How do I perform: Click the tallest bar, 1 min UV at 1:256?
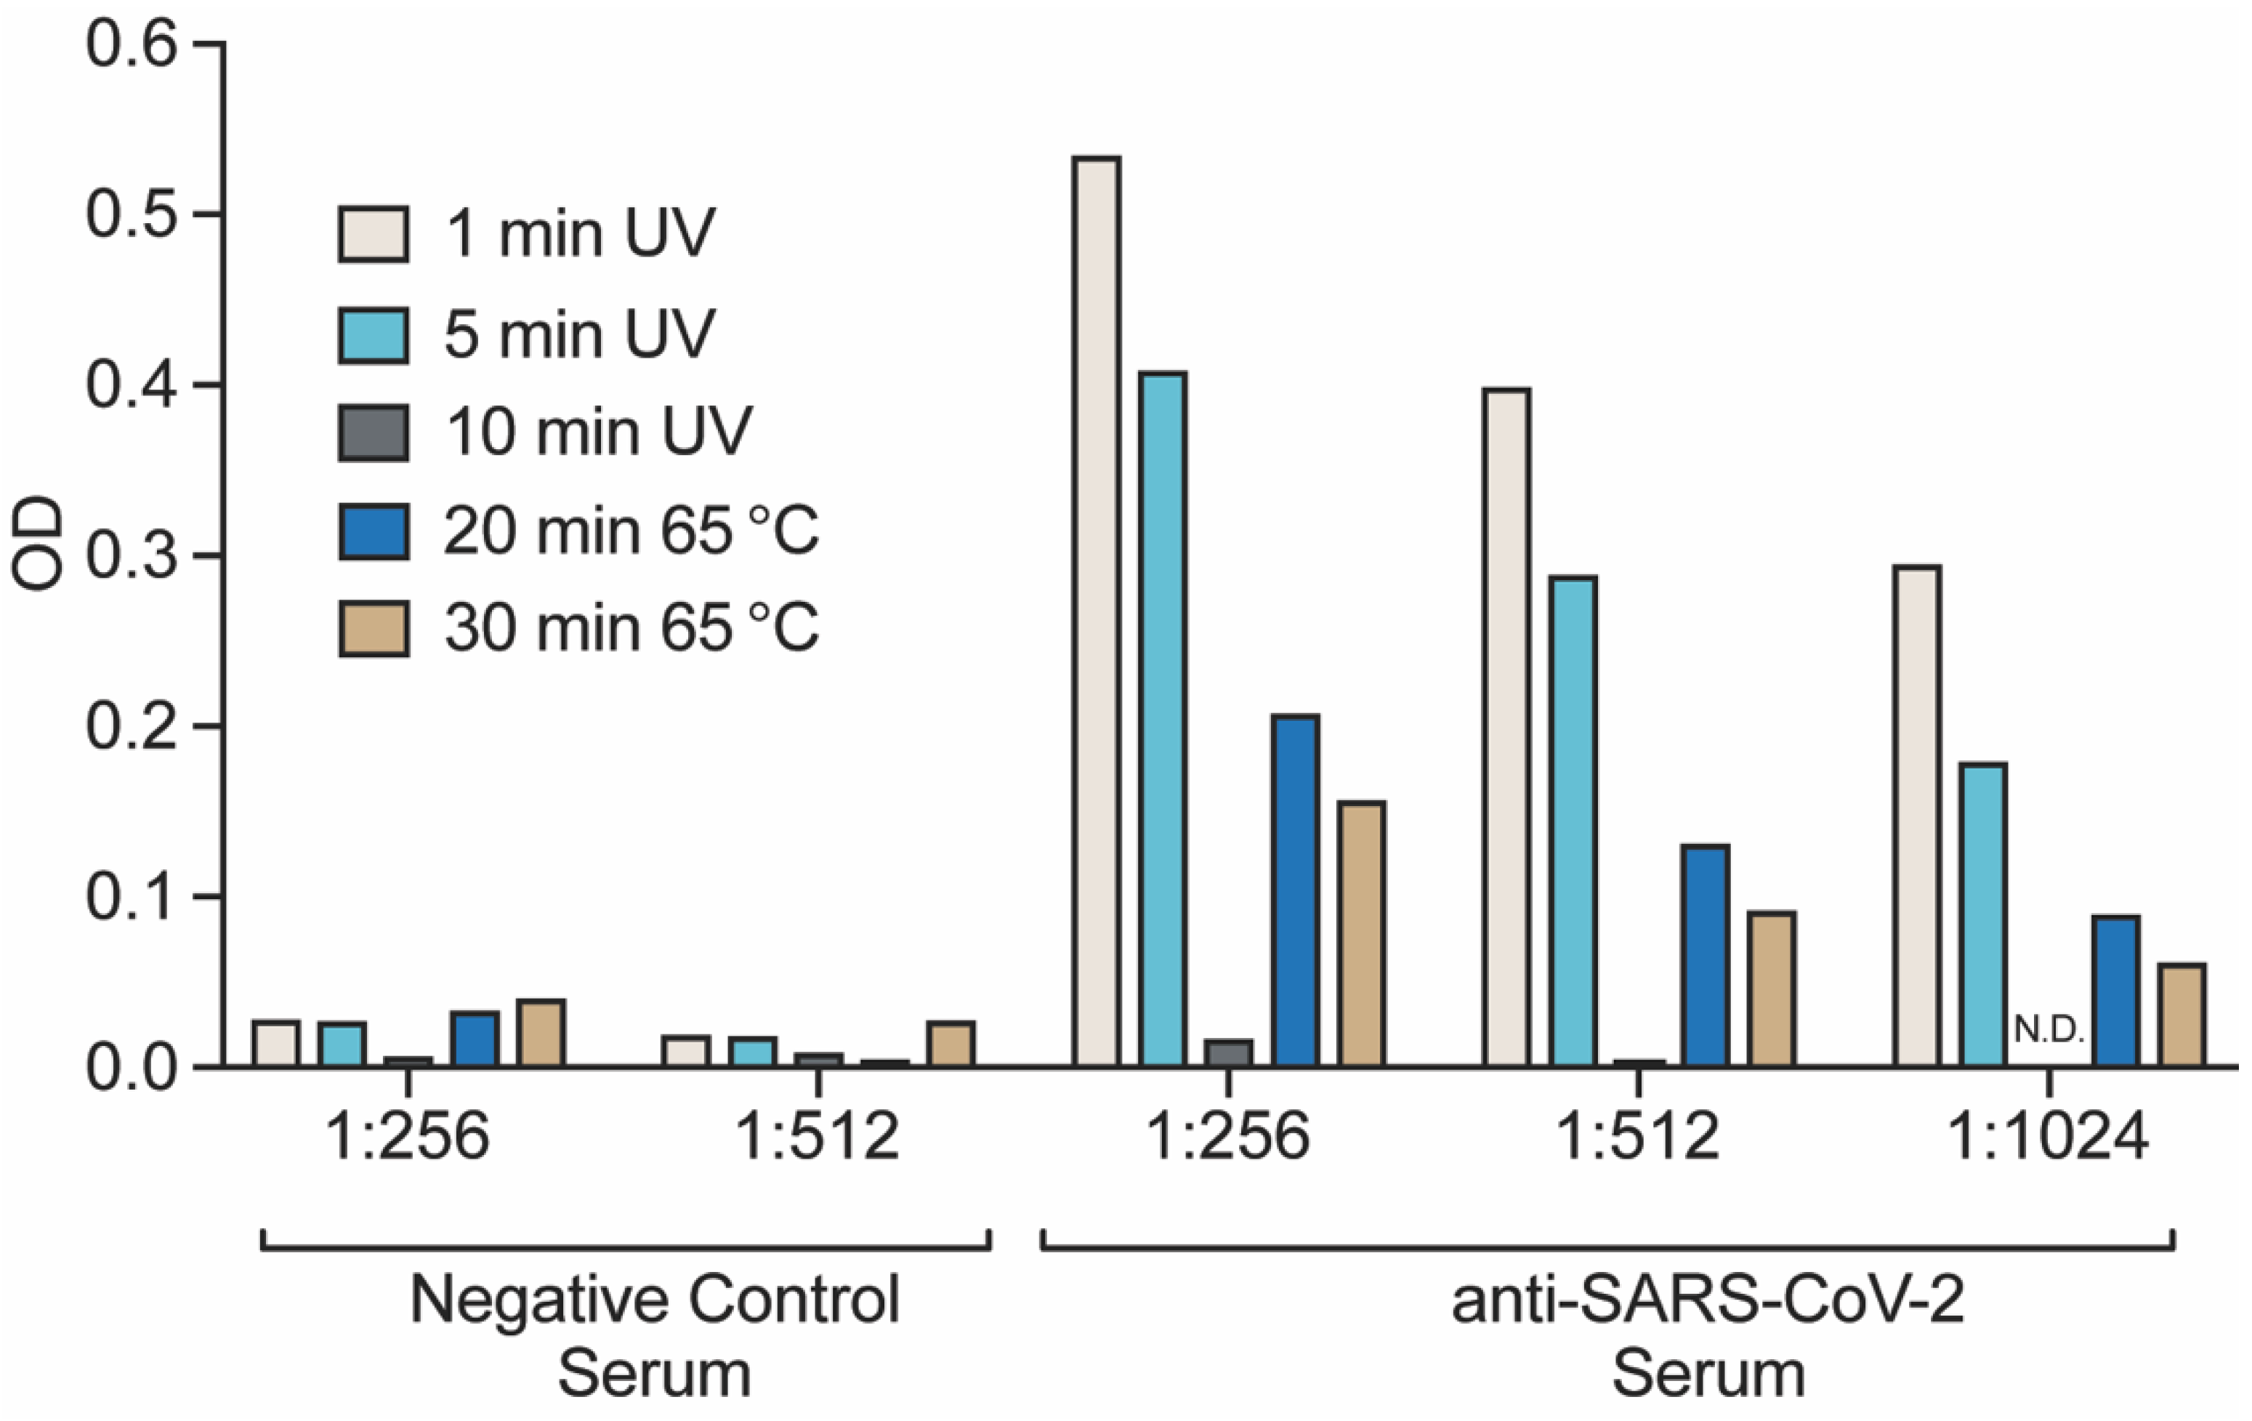coord(1097,612)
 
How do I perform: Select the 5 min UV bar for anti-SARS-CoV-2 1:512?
coord(1573,821)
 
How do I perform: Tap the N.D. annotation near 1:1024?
coord(2049,1030)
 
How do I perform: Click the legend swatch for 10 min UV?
coord(373,432)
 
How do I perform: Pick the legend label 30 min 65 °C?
coord(631,628)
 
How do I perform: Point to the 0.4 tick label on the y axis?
coord(131,385)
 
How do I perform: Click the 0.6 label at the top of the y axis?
coord(131,44)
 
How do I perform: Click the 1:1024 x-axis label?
coord(2047,1138)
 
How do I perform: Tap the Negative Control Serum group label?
coord(655,1335)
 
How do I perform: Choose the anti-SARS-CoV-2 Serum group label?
coord(1708,1335)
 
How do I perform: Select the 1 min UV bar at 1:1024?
coord(1917,816)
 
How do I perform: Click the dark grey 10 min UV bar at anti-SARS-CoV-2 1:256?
coord(1228,1053)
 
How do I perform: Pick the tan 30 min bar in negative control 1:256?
coord(541,1034)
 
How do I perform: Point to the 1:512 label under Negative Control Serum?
coord(818,1138)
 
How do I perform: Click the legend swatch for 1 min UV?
coord(373,234)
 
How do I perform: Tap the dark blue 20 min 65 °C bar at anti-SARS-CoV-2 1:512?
coord(1705,956)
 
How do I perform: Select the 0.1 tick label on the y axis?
coord(131,897)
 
